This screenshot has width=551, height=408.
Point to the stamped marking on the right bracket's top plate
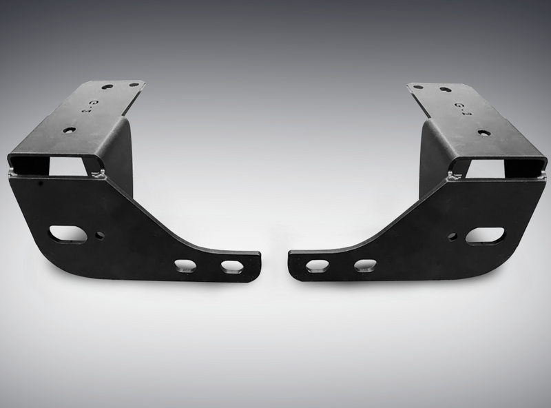tap(458, 108)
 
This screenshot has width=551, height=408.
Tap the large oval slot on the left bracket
tap(67, 234)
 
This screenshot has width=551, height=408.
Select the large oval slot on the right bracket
tap(484, 236)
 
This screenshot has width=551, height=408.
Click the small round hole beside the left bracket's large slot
tap(101, 235)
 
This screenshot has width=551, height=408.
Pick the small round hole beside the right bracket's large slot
tap(452, 236)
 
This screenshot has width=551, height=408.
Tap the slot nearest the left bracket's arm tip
tap(231, 265)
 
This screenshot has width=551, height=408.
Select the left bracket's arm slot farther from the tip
tap(185, 264)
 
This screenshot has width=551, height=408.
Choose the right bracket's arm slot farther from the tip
tap(364, 265)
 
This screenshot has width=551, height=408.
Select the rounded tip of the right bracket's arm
tap(292, 265)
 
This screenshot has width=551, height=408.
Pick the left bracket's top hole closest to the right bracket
tap(133, 85)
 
